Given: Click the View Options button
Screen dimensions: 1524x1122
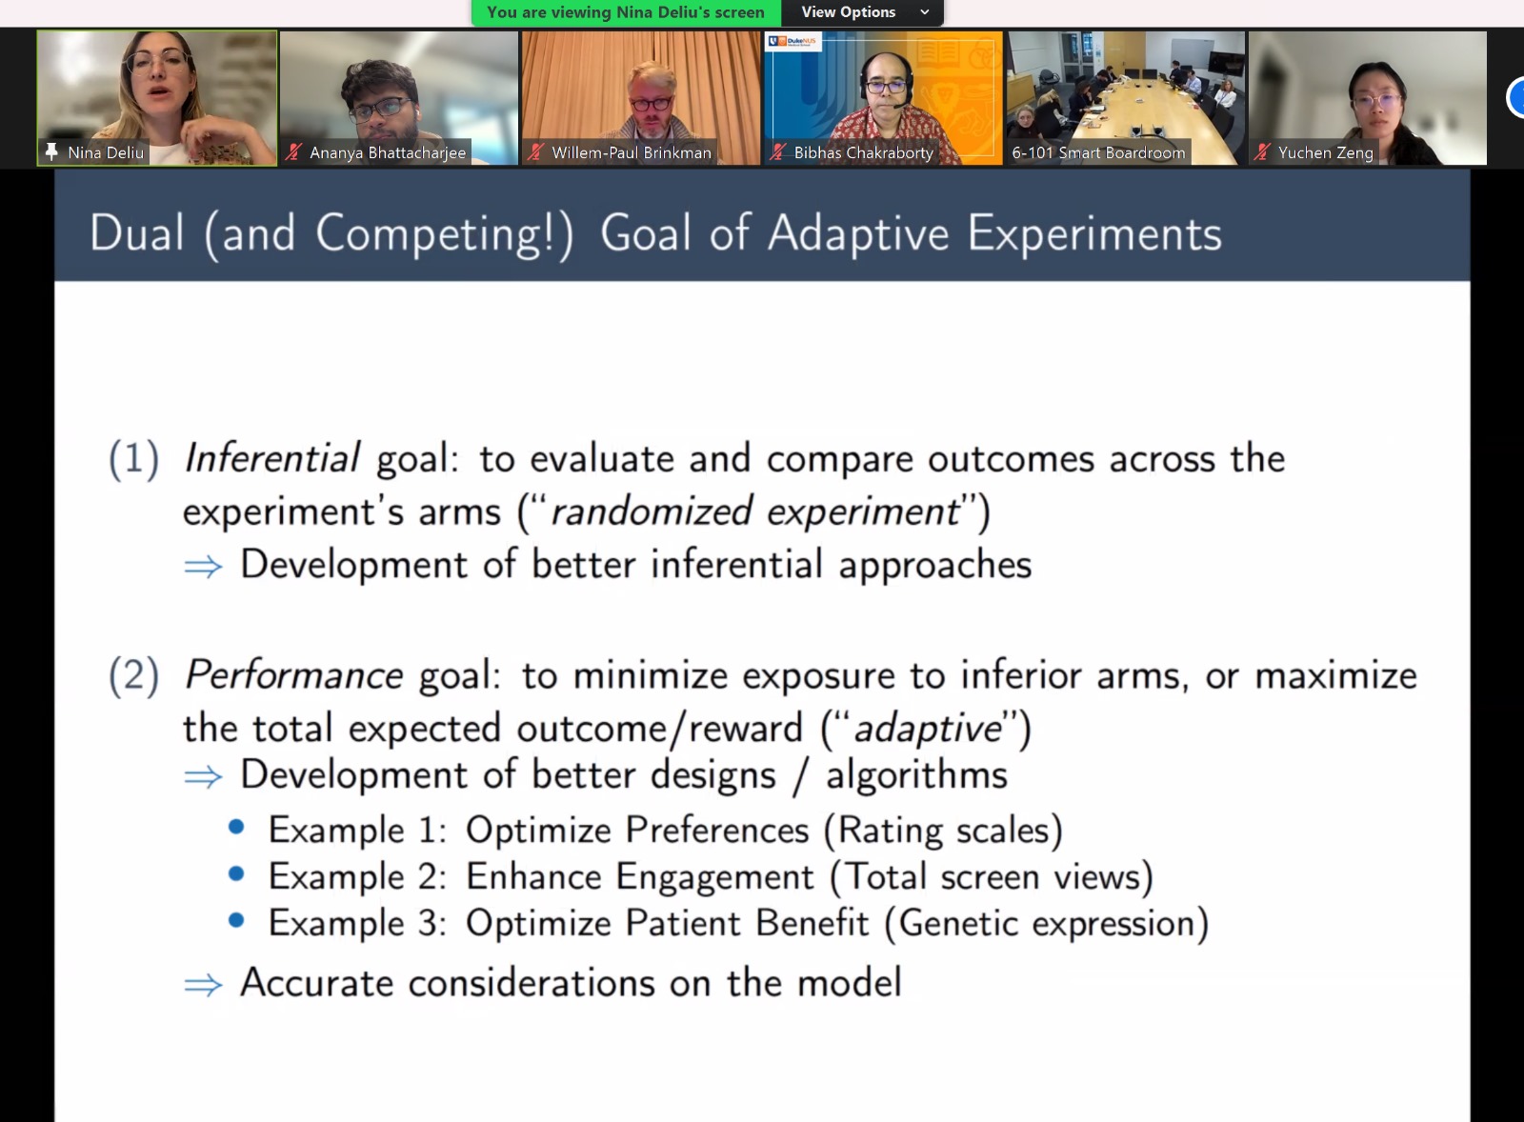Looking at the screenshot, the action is (x=862, y=12).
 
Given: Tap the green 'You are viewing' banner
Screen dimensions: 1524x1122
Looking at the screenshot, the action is (x=626, y=12).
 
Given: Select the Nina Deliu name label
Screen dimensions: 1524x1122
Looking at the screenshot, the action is (x=106, y=152).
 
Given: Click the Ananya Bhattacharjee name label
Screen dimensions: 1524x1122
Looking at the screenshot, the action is (x=388, y=152).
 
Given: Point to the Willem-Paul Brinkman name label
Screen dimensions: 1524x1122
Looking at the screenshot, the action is (x=632, y=152).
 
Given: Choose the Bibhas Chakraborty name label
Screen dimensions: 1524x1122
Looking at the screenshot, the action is (x=863, y=152).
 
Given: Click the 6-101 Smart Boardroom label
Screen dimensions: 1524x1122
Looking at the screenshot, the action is (x=1098, y=152).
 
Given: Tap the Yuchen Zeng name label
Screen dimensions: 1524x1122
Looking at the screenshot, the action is (x=1325, y=152).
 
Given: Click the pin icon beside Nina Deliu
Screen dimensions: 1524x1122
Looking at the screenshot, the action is (x=51, y=151).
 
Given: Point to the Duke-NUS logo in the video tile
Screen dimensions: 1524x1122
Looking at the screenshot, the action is (x=792, y=42).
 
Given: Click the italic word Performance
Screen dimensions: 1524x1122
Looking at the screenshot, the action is (x=293, y=674).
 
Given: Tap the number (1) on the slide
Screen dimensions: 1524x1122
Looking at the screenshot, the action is (x=134, y=458).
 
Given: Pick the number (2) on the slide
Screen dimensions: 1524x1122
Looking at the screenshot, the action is (x=134, y=675).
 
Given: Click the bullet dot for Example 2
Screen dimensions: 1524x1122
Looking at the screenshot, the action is (x=236, y=873).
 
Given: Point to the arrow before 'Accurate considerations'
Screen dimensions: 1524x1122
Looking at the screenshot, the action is (x=203, y=984).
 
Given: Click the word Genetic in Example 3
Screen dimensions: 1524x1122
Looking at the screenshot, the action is (x=958, y=923).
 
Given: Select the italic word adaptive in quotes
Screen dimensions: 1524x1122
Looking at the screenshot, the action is (x=927, y=728).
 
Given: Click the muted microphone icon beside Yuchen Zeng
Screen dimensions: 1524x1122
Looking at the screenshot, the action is (x=1262, y=152).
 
